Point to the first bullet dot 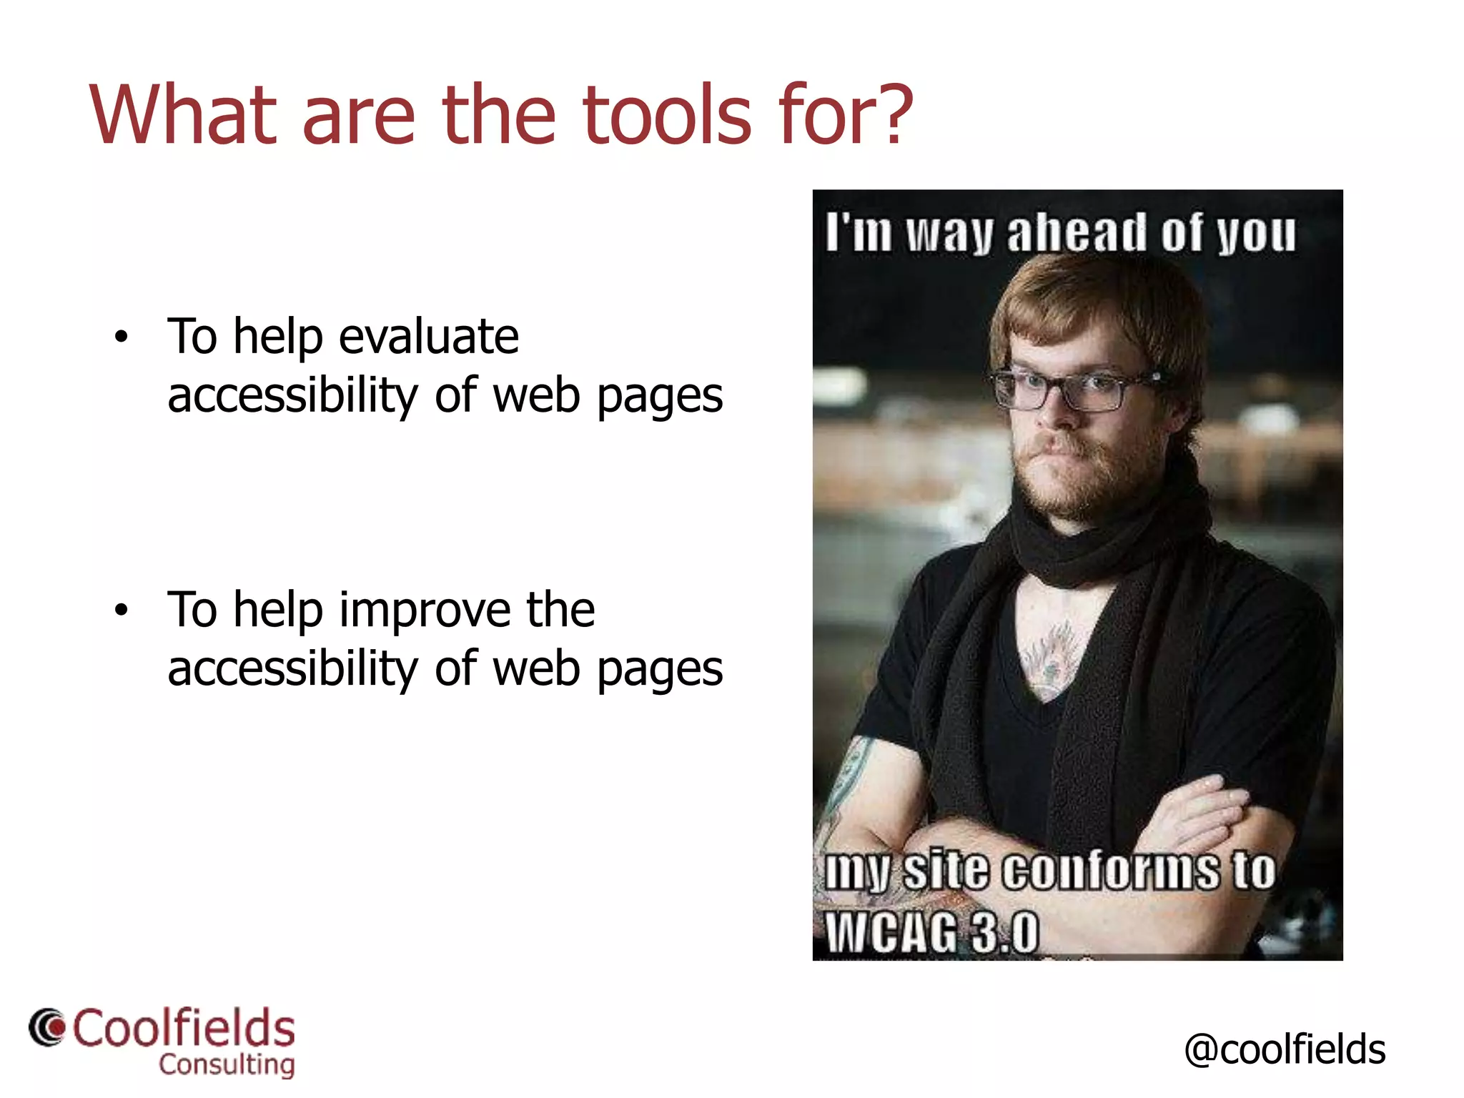(122, 337)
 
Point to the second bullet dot (122, 610)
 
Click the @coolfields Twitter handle (1285, 1049)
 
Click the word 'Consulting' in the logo (227, 1064)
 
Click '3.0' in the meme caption (1006, 933)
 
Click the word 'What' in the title (182, 114)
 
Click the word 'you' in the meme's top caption (1256, 233)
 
